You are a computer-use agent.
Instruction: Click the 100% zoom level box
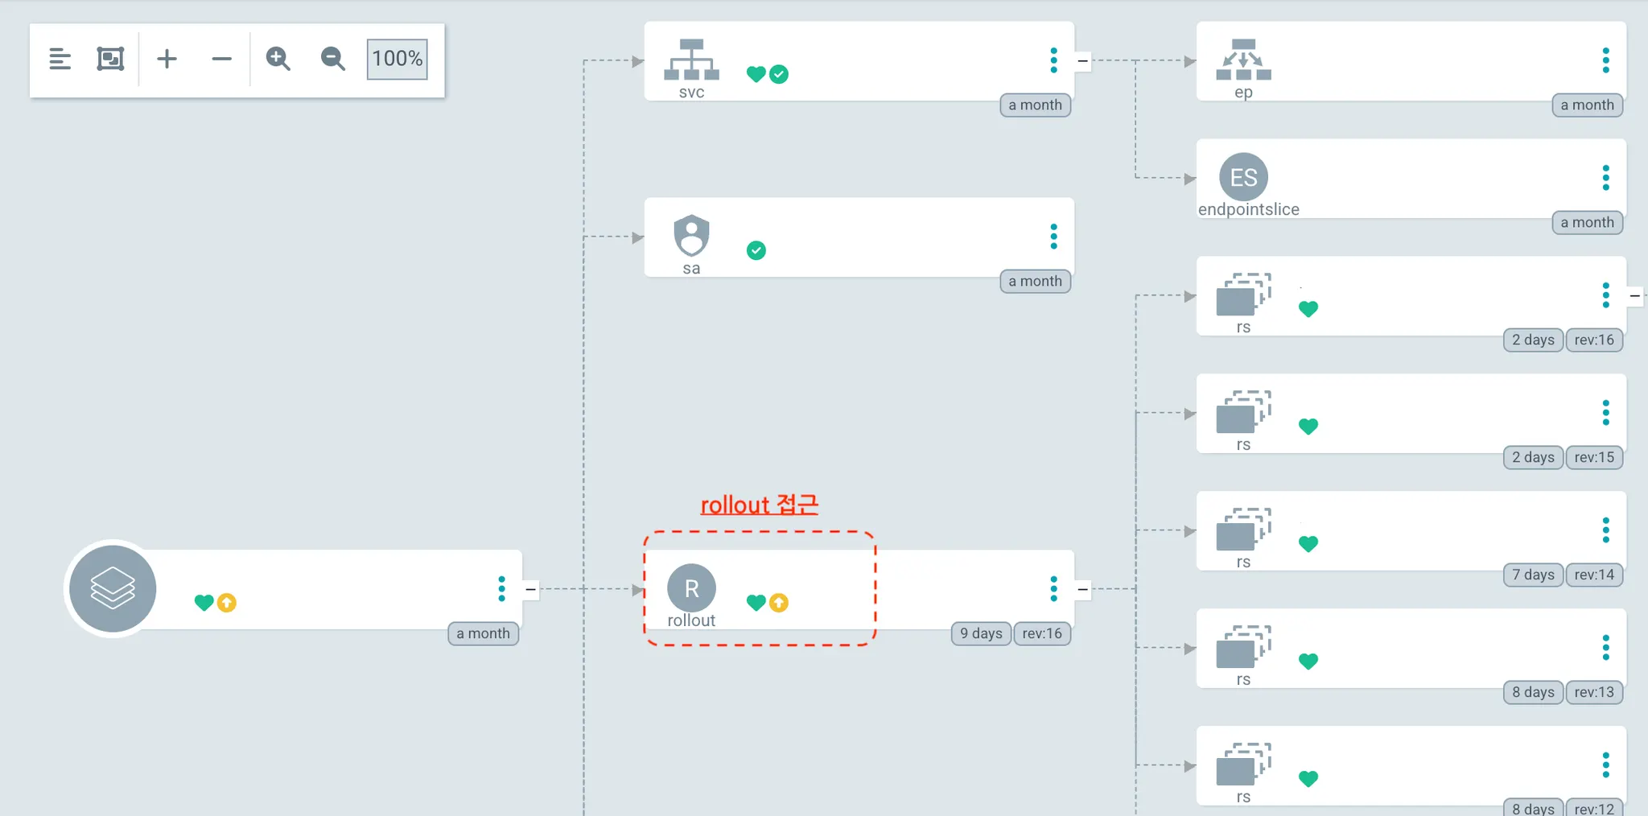[x=397, y=59]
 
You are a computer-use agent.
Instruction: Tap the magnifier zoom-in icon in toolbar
[x=278, y=59]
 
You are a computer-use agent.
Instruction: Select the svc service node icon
[x=691, y=60]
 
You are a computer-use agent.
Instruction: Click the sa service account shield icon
[x=691, y=235]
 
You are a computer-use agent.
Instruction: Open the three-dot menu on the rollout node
[x=1053, y=589]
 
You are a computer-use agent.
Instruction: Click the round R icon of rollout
[x=691, y=588]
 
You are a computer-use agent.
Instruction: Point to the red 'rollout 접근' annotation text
[x=759, y=505]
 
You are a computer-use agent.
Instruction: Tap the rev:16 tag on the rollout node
[x=1042, y=633]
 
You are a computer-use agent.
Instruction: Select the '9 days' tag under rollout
[x=981, y=633]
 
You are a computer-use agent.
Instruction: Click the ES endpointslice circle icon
[x=1243, y=177]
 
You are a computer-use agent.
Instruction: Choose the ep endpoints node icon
[x=1243, y=60]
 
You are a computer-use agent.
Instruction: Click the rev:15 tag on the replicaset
[x=1594, y=457]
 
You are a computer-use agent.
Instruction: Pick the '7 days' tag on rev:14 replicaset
[x=1533, y=575]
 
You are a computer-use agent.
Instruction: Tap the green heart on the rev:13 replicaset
[x=1308, y=661]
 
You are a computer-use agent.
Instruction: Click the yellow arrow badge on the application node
[x=227, y=603]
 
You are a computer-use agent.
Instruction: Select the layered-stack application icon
[x=113, y=588]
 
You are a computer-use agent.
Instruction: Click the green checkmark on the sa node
[x=756, y=250]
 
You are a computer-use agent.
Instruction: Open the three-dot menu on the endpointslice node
[x=1605, y=177]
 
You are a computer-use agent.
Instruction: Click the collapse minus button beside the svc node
[x=1083, y=60]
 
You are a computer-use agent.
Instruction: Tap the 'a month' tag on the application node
[x=483, y=633]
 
